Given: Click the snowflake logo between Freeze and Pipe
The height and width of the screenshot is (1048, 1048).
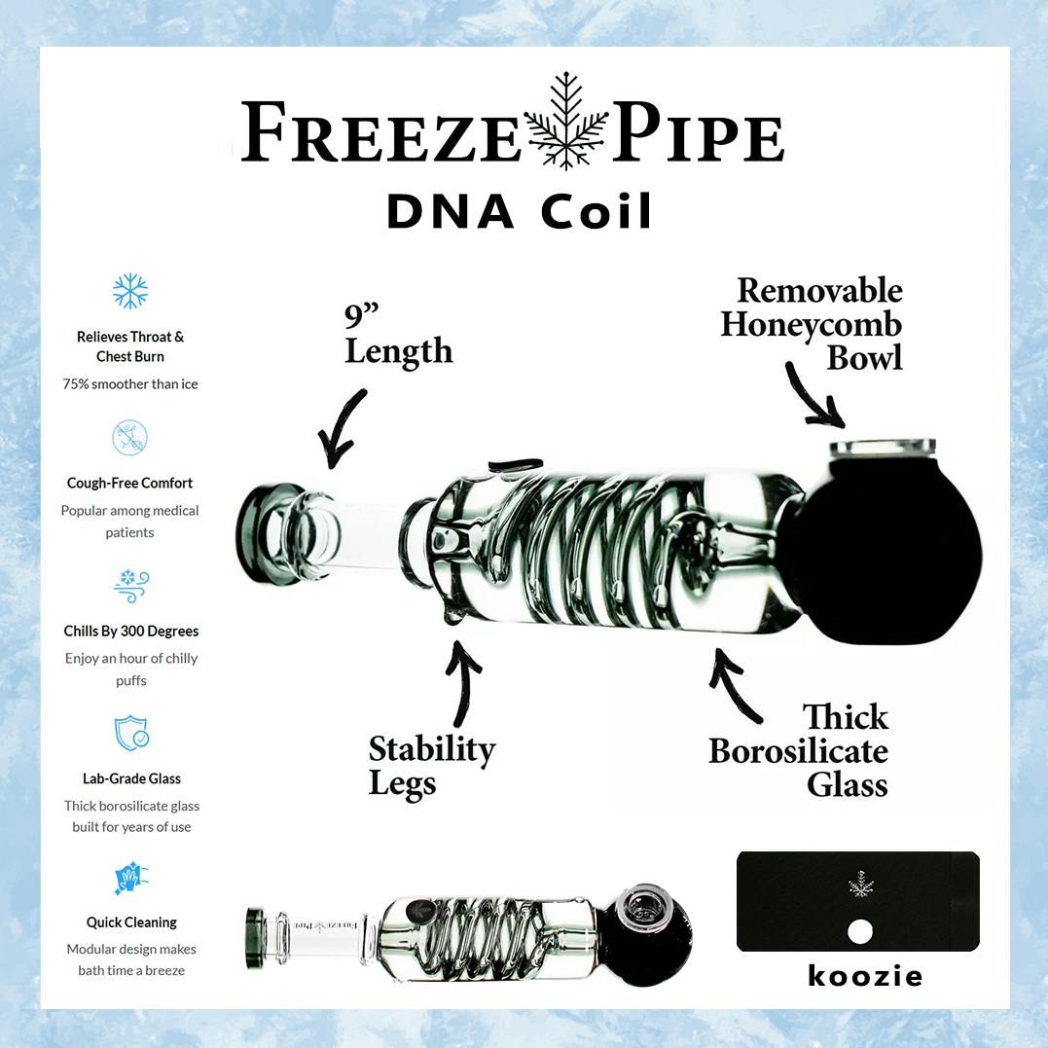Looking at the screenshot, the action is click(566, 121).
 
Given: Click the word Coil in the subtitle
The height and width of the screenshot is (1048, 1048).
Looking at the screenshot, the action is click(596, 211).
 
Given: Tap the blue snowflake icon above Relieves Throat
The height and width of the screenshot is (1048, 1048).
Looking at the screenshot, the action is click(130, 291).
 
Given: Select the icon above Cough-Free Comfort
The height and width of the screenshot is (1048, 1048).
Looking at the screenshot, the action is click(129, 437).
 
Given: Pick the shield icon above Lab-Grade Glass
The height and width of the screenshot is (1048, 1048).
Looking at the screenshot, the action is click(131, 733).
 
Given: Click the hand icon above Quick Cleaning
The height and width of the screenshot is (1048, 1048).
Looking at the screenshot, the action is click(131, 879).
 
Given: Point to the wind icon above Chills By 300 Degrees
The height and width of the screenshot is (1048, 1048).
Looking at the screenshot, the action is click(131, 586).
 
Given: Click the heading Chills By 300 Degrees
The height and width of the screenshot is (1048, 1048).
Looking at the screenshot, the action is click(131, 631).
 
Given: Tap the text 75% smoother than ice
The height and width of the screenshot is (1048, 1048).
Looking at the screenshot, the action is click(130, 383).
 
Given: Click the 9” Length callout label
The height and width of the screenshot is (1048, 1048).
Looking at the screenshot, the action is click(398, 336).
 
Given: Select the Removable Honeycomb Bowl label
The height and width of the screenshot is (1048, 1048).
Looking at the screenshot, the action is click(812, 323).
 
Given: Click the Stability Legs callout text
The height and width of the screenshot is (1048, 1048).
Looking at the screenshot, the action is click(432, 767).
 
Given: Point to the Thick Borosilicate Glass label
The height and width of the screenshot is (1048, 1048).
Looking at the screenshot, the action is click(799, 750).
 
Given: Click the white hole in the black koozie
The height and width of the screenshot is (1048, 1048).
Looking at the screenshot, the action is click(859, 931).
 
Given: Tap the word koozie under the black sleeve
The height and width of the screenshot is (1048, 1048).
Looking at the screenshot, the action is click(865, 976).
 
